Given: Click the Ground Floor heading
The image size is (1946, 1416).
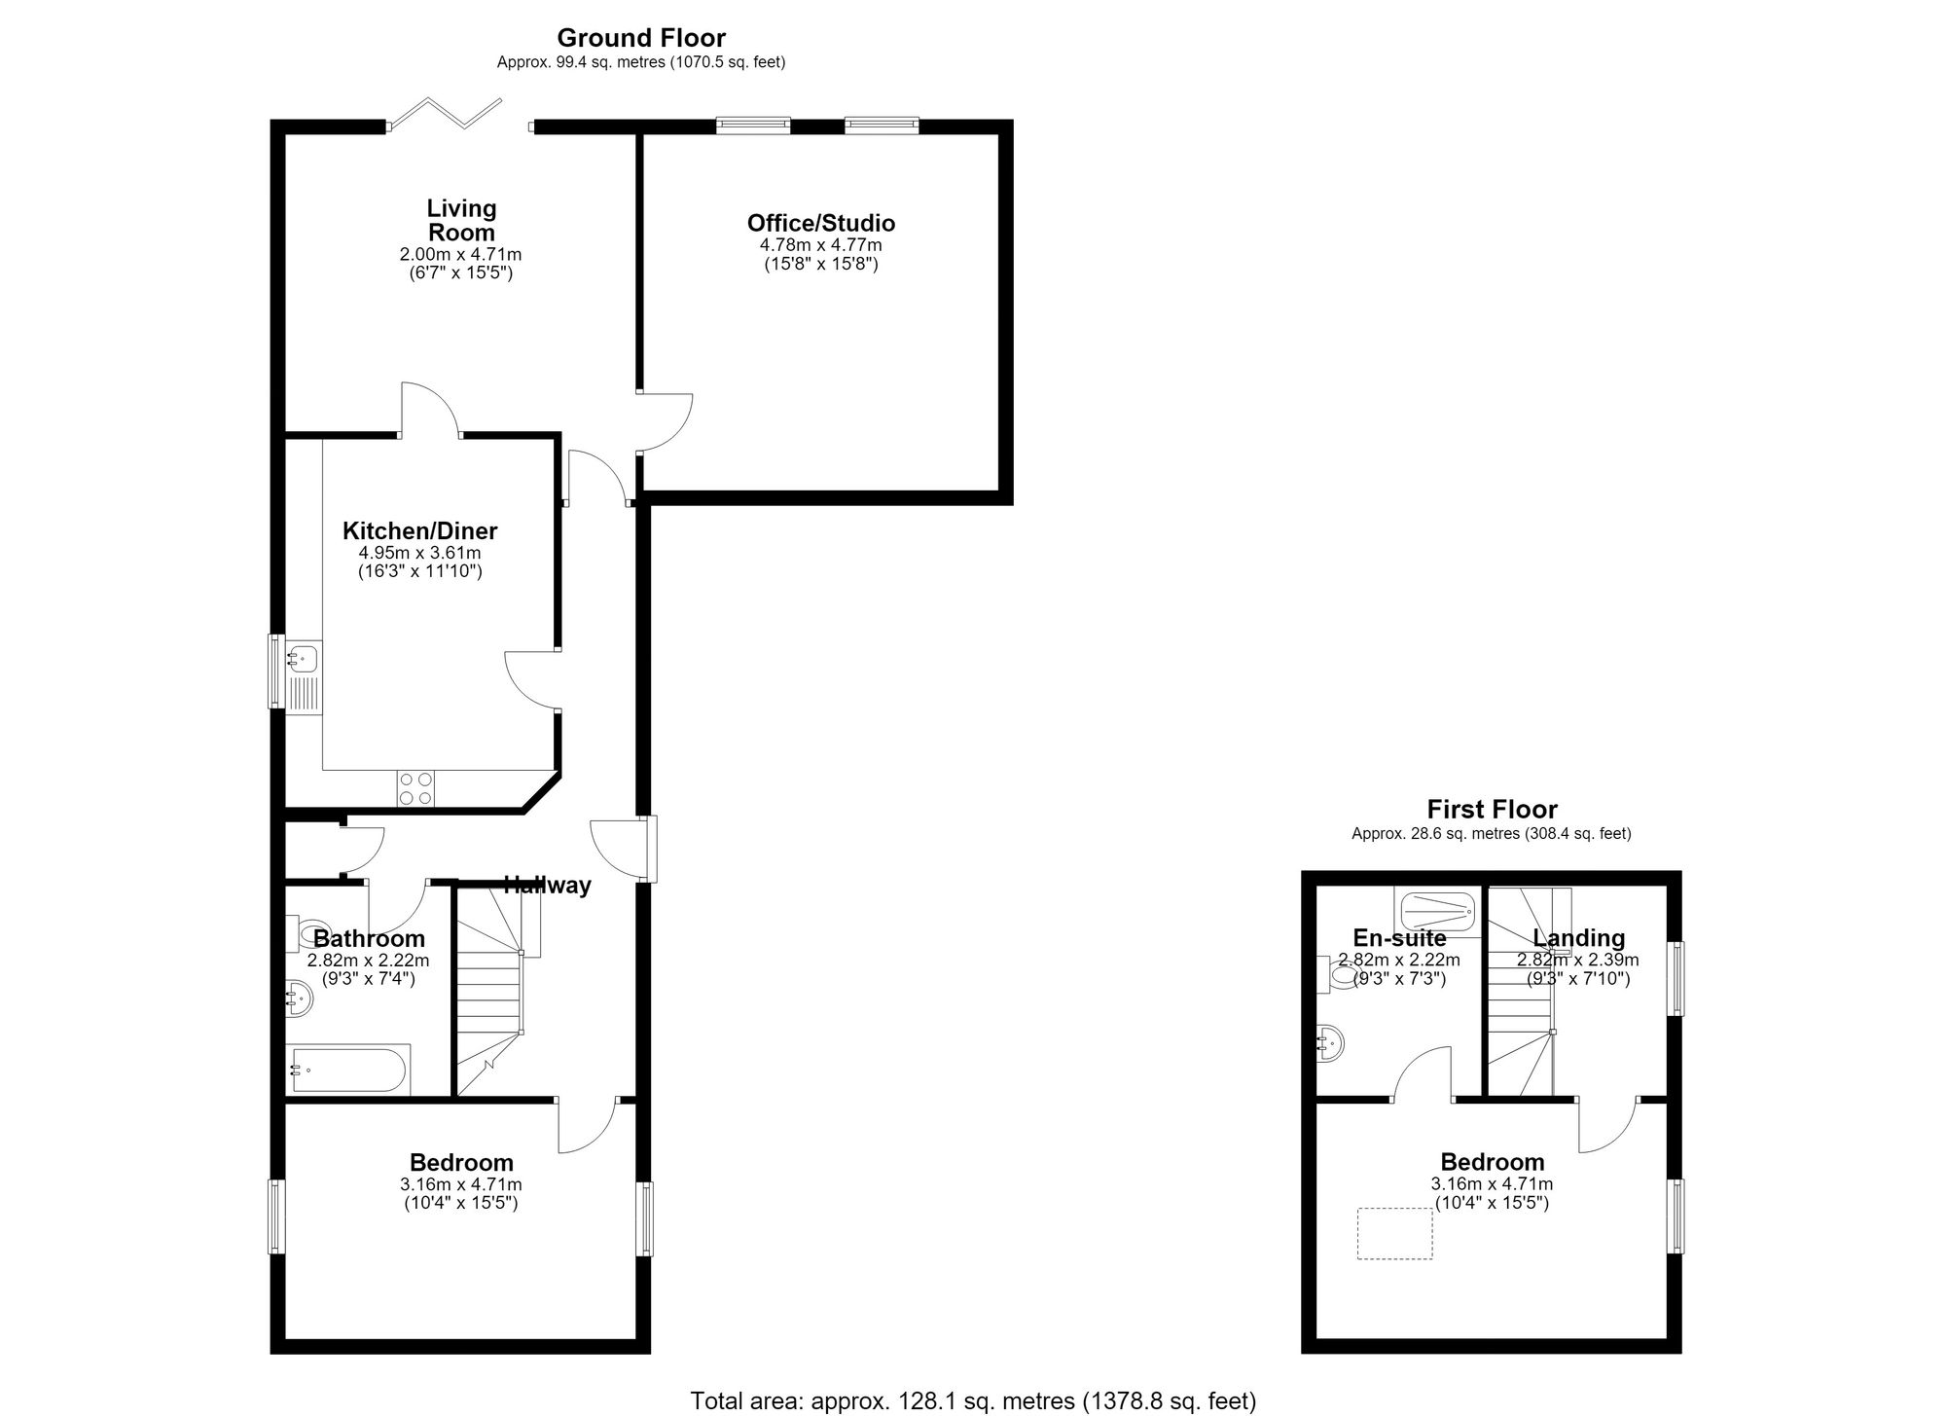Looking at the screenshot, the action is pos(641,38).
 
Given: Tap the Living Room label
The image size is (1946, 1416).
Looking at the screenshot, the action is pos(461,220).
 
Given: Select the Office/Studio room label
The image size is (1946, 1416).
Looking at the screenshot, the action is pos(821,223).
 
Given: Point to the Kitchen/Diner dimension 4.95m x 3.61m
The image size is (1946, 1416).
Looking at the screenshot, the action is pos(419,553).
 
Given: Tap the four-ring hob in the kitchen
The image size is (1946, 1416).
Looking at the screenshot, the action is pos(415,788).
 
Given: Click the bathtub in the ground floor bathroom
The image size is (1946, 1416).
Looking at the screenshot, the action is pos(348,1070).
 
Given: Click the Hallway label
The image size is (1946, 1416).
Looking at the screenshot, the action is pos(548,886).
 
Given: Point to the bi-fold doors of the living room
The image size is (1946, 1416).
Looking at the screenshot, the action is pos(446,113).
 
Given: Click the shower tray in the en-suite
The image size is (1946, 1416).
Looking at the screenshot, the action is pos(1438,913).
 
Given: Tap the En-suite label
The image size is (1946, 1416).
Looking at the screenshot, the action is pos(1399,938).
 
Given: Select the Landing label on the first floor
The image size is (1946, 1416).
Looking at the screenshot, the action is pos(1578,938).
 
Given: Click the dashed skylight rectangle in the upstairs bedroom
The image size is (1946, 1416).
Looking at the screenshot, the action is pos(1395,1233).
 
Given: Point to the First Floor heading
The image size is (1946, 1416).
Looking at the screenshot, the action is pos(1492,810).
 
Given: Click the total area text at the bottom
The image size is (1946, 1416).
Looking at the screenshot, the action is pos(973,1401).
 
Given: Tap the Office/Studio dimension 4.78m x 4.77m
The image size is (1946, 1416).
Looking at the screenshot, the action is pos(821,245).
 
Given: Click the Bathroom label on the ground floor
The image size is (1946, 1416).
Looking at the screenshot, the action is pos(369,939).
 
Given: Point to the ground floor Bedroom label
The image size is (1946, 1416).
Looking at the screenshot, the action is pos(461,1163).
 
